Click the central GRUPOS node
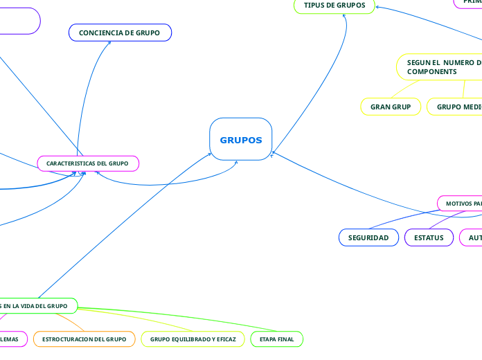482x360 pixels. pyautogui.click(x=240, y=140)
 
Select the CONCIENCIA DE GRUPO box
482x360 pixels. pyautogui.click(x=120, y=33)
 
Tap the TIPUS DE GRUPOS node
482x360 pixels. pyautogui.click(x=334, y=6)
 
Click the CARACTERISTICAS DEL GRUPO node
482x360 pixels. pyautogui.click(x=87, y=163)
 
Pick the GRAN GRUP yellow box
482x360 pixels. pyautogui.click(x=391, y=107)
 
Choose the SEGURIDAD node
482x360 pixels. pyautogui.click(x=368, y=237)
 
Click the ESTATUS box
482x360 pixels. pyautogui.click(x=429, y=237)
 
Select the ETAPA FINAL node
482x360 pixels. pyautogui.click(x=276, y=339)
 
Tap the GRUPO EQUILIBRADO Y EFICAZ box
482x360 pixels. pyautogui.click(x=193, y=339)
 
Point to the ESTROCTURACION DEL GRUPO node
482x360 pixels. pyautogui.click(x=84, y=339)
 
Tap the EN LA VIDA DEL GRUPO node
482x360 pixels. pyautogui.click(x=35, y=305)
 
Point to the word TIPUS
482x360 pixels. pyautogui.click(x=316, y=6)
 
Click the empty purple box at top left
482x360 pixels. pyautogui.click(x=17, y=21)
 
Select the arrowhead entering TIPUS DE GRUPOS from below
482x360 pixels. pyautogui.click(x=345, y=15)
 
